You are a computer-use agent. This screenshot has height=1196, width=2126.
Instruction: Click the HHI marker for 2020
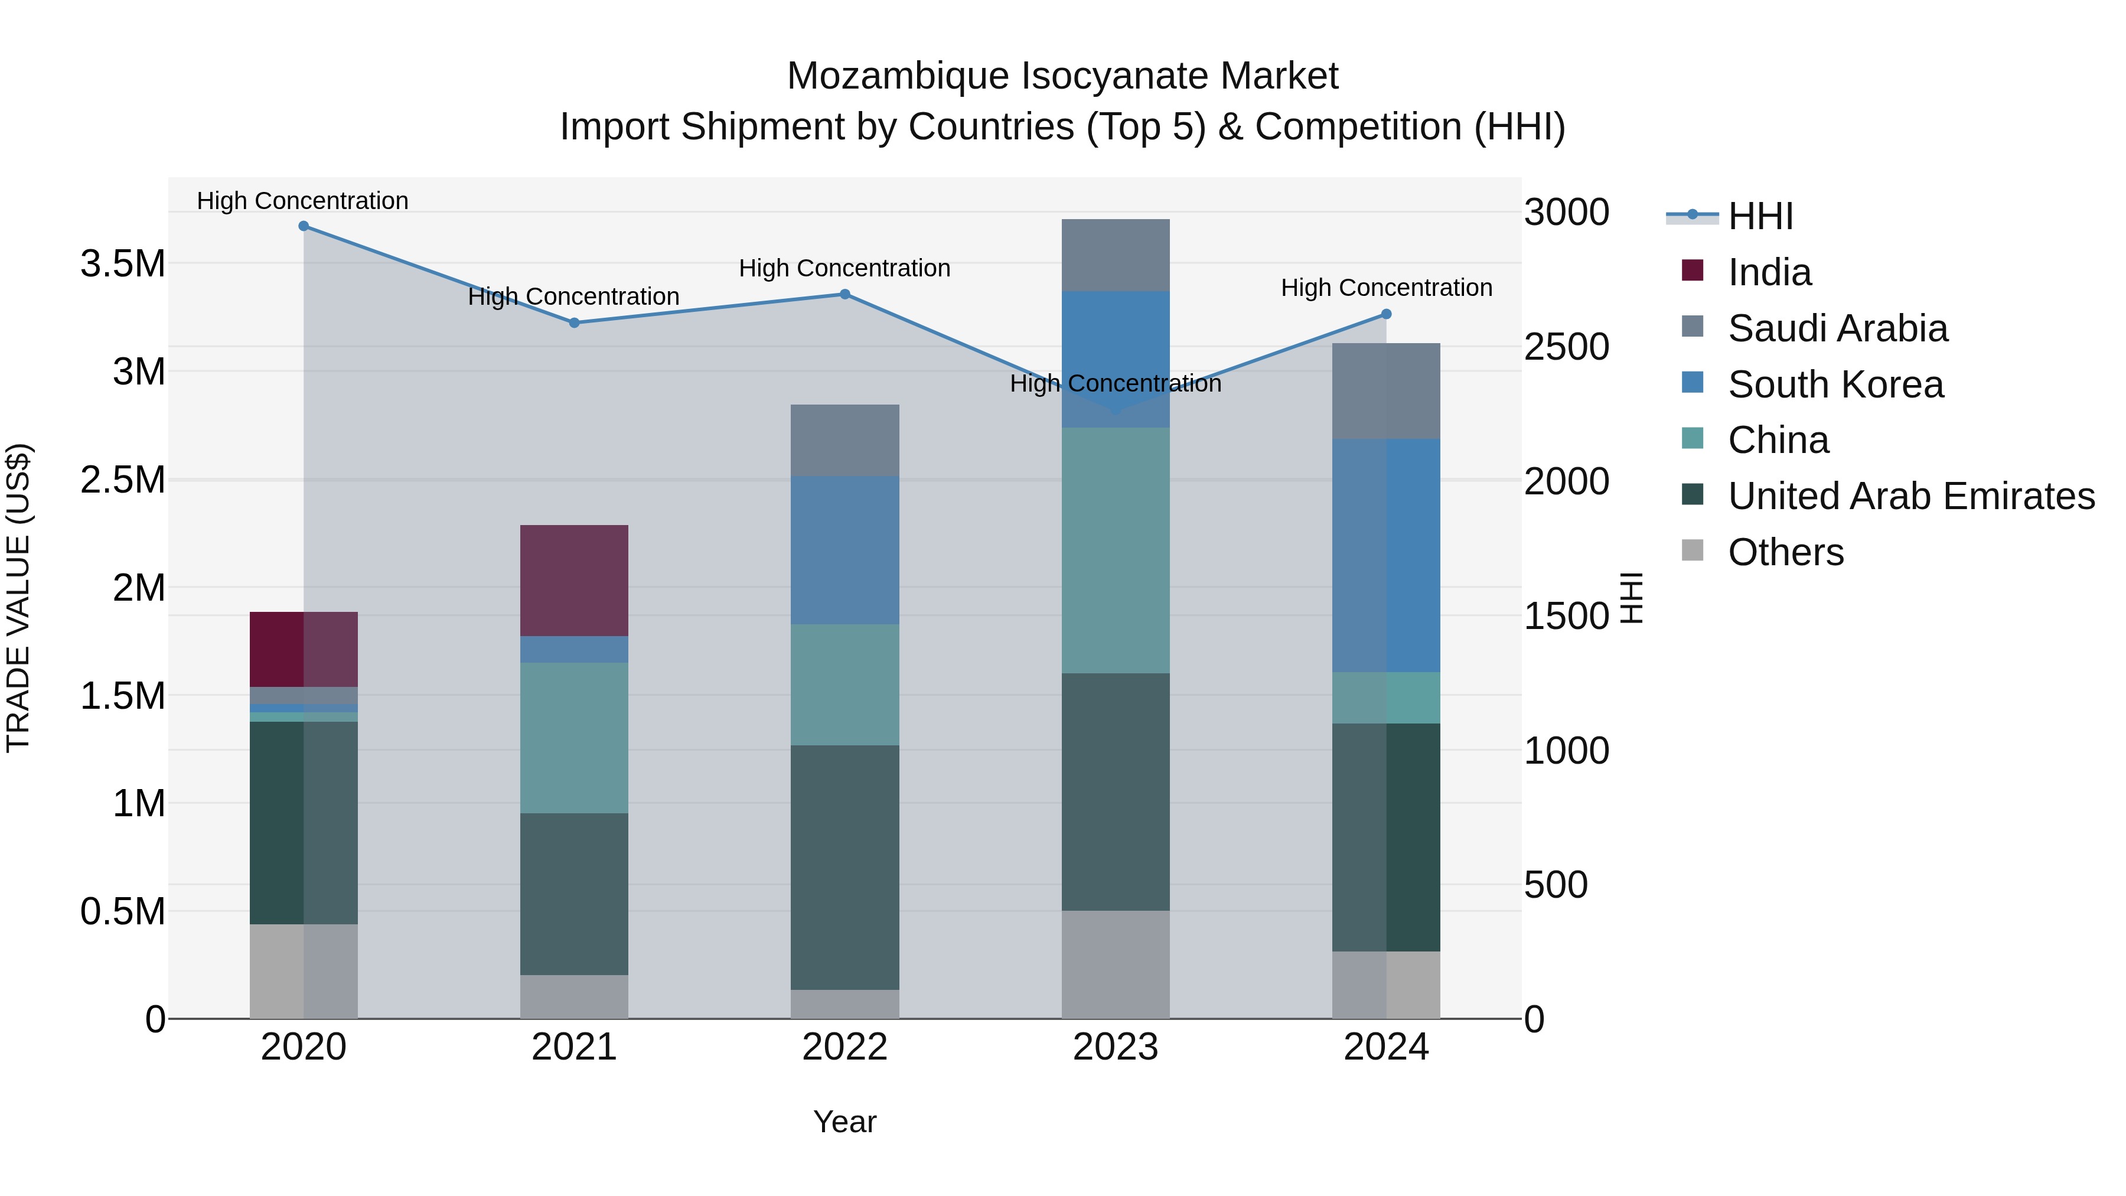[x=304, y=226]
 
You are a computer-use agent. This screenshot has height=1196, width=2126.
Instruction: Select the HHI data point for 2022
[x=845, y=295]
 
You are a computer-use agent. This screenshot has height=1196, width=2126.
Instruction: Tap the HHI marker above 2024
[x=1387, y=314]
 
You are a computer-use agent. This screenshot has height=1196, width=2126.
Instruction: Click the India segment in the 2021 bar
[x=575, y=580]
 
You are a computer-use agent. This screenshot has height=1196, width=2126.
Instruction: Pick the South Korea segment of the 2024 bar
[x=1387, y=556]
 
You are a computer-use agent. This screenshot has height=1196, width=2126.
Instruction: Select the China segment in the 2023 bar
[x=1116, y=550]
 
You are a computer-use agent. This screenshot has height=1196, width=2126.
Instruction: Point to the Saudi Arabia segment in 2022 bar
[x=845, y=441]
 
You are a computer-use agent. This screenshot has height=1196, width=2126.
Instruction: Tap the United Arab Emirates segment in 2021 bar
[x=575, y=894]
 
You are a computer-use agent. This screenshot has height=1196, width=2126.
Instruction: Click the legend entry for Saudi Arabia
[x=1838, y=328]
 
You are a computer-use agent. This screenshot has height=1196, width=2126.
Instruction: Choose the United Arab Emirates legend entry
[x=1910, y=496]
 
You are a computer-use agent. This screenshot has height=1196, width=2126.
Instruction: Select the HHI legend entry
[x=1760, y=216]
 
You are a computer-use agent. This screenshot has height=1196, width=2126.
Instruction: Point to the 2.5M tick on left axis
[x=123, y=480]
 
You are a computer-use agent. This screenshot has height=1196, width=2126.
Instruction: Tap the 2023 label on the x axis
[x=1116, y=1047]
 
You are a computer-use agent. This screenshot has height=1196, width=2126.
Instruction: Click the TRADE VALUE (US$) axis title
[x=18, y=598]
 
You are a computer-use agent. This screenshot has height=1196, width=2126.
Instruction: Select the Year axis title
[x=844, y=1122]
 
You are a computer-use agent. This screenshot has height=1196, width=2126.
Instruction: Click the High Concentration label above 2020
[x=303, y=201]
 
